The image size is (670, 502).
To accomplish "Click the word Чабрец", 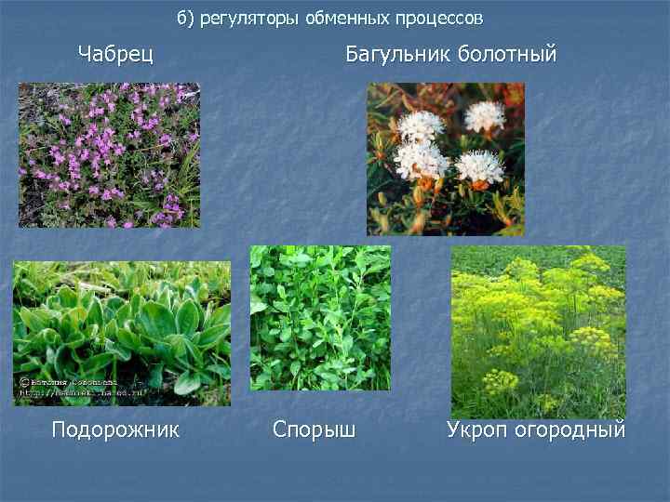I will [115, 54].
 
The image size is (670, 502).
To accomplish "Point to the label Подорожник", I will [115, 429].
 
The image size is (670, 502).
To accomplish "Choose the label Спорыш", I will [314, 429].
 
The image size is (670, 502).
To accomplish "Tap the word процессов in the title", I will [442, 19].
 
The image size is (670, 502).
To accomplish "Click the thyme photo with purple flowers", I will [109, 155].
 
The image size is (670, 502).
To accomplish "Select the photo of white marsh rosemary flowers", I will [446, 159].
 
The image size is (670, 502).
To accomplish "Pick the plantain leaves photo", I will [122, 333].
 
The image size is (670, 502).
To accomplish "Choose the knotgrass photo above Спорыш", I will [320, 318].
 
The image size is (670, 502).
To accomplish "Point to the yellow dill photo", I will [539, 332].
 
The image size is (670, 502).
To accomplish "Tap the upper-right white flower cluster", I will [485, 115].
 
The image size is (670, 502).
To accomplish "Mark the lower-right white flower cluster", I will [479, 166].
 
